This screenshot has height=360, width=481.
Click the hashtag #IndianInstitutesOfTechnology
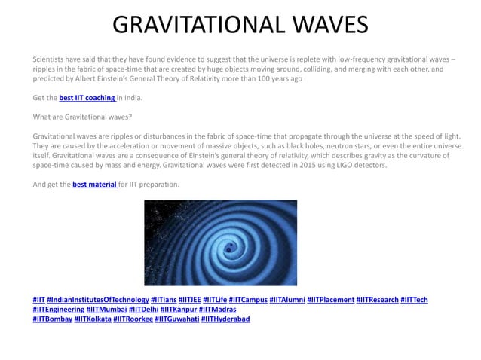point(97,300)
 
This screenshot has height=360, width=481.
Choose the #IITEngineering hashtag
point(58,310)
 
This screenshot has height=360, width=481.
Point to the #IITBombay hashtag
point(52,319)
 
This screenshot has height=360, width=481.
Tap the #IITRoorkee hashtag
point(132,319)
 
